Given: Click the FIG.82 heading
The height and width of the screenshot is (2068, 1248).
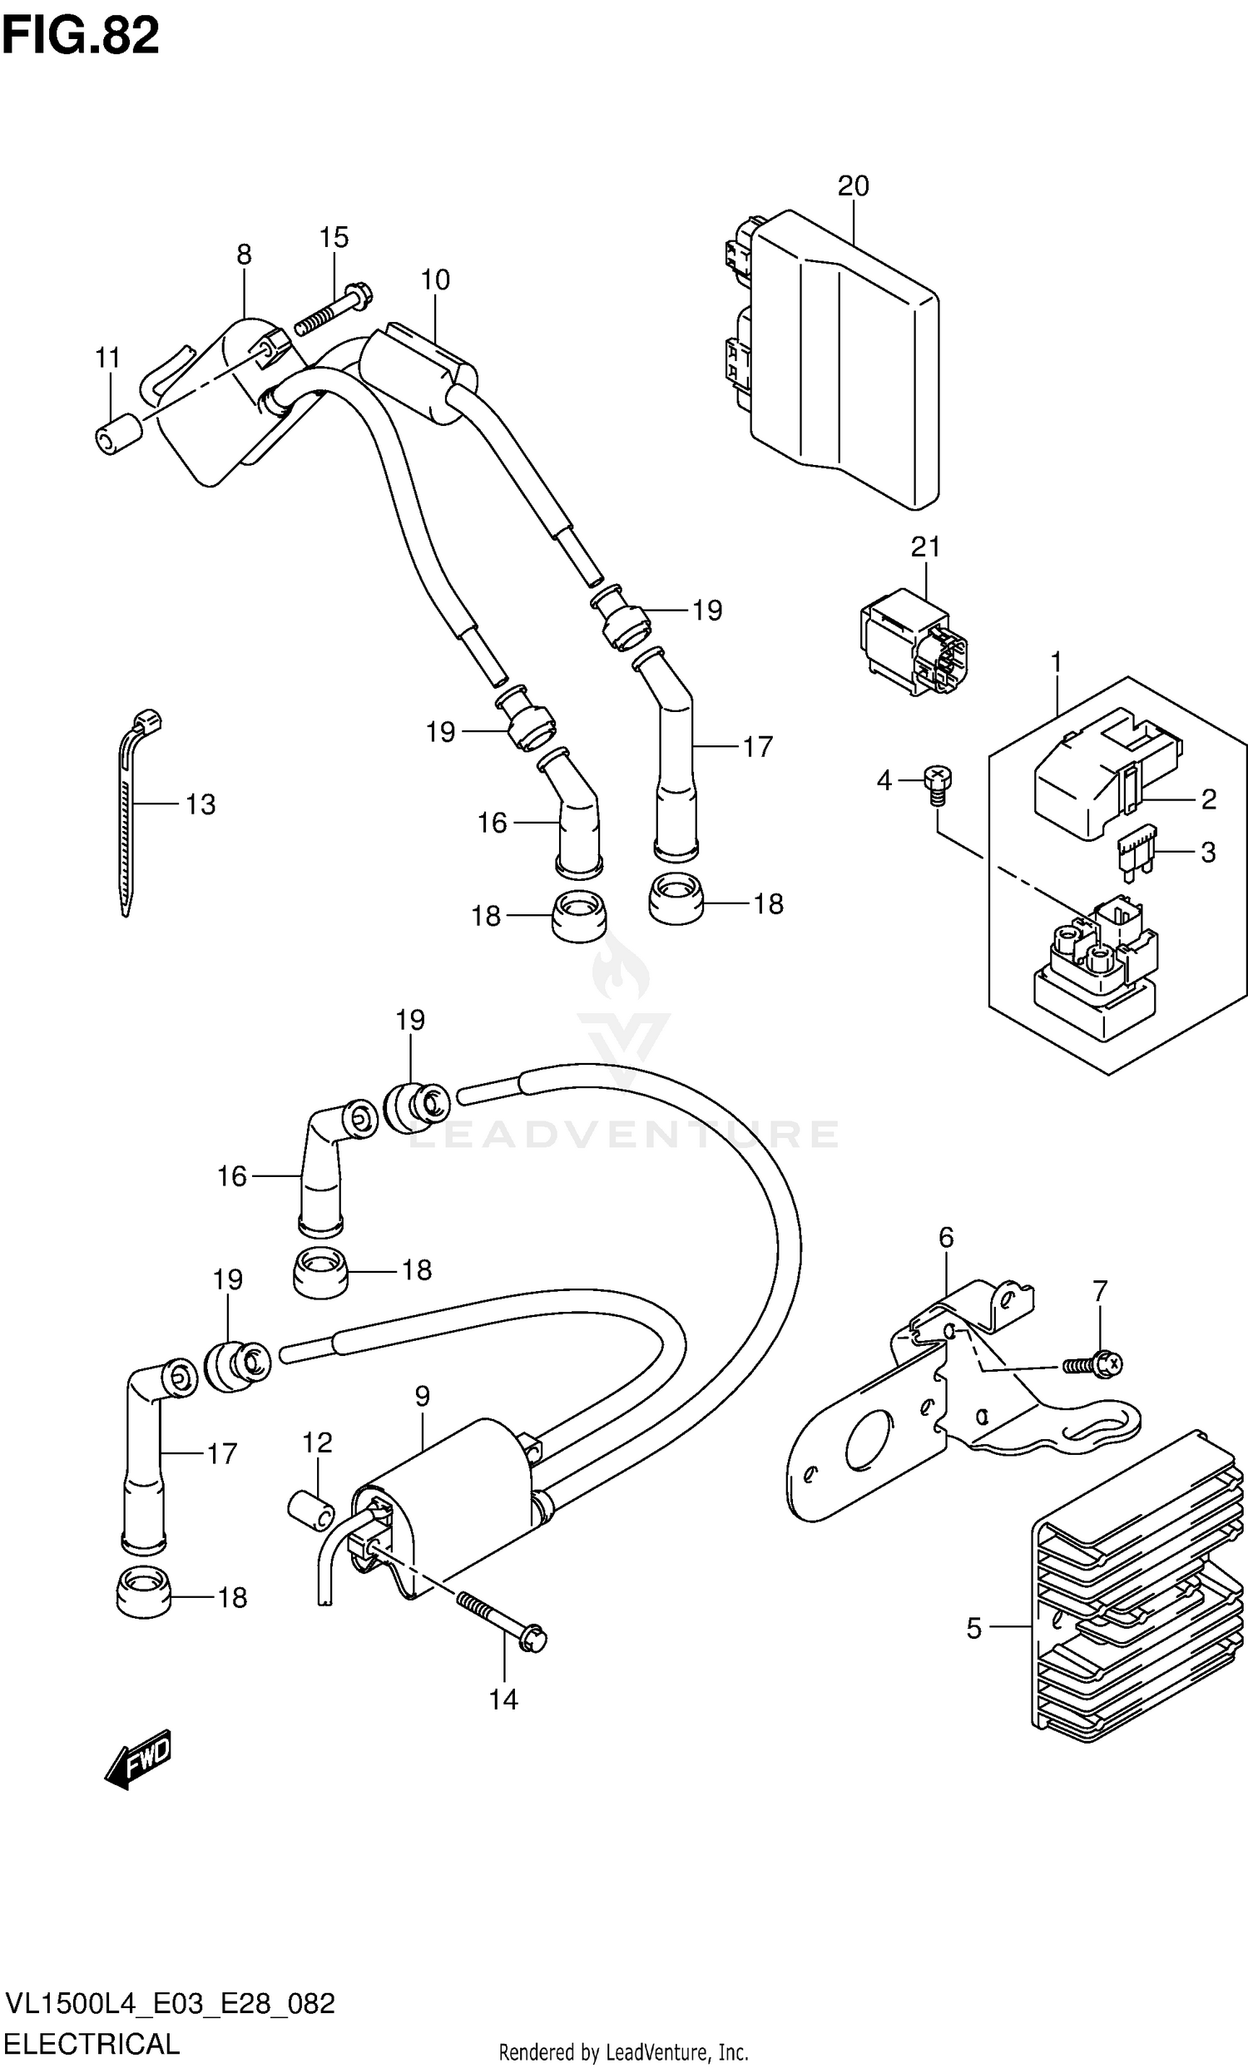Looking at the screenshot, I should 82,36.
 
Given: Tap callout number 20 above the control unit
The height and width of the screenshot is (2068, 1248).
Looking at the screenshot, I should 853,186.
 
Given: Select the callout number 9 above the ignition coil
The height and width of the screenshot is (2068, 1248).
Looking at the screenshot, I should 421,1396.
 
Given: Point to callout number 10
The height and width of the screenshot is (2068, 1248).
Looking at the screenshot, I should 435,280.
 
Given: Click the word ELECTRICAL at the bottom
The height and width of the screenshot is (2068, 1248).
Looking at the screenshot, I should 92,2042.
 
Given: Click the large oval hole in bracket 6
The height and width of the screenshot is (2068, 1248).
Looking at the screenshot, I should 869,1438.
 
